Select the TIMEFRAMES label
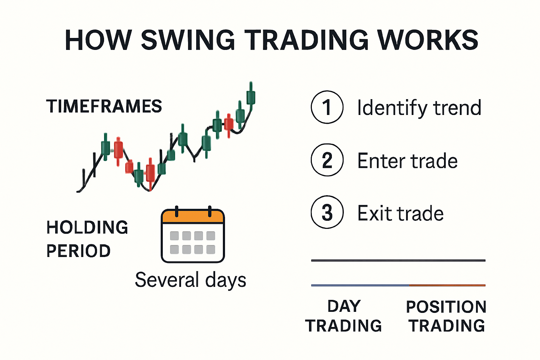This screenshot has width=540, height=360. tap(104, 106)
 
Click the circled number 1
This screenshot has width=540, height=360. tap(327, 107)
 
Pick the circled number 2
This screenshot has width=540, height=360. tap(327, 160)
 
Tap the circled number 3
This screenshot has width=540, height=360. tap(327, 212)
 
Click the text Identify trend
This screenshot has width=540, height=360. tap(419, 108)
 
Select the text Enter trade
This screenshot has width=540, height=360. tap(407, 161)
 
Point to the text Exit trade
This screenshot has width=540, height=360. tap(400, 213)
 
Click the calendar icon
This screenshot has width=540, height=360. tap(193, 236)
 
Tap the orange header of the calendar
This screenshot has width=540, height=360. tap(193, 216)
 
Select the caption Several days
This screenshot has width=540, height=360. tap(191, 280)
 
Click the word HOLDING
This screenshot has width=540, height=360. tap(87, 227)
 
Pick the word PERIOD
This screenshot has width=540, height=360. tap(78, 251)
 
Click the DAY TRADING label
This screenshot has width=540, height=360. tap(343, 316)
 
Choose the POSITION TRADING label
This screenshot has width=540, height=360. tap(446, 316)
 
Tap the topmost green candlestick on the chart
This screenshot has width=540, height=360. tap(251, 97)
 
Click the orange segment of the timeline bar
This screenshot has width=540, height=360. tap(447, 285)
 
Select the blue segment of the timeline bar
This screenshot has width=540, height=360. tap(360, 285)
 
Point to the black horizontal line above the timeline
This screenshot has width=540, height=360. tap(398, 261)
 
